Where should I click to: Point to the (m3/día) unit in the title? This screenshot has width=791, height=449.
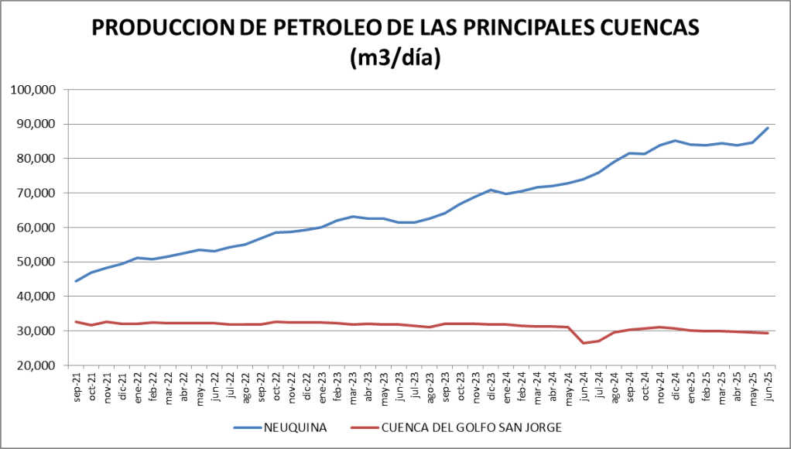[x=395, y=58]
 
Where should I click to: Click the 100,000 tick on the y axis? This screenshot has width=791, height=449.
[x=34, y=90]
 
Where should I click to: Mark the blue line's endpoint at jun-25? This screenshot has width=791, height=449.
[x=767, y=128]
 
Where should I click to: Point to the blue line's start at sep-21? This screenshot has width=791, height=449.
[x=76, y=281]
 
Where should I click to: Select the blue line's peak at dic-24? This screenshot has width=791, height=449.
[x=675, y=141]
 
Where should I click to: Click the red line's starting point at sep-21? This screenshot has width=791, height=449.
[x=76, y=321]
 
